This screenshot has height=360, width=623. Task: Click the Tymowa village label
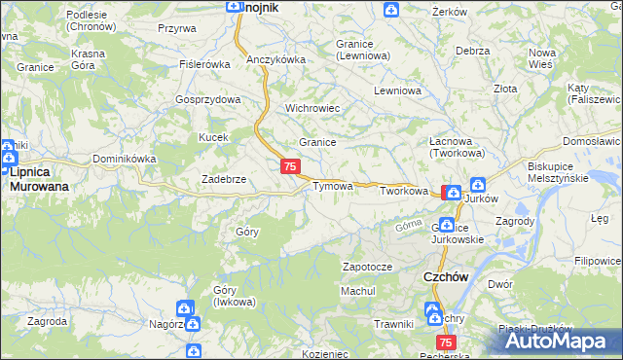(332, 186)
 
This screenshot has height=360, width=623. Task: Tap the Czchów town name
(447, 276)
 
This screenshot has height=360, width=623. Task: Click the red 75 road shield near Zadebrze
(289, 167)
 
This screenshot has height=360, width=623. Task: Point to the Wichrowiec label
(311, 108)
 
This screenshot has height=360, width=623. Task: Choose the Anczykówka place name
(275, 59)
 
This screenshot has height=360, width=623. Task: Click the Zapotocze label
(367, 267)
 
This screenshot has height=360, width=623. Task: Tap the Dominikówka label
(124, 159)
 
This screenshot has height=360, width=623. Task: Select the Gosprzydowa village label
(207, 100)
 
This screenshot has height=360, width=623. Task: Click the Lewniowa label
(395, 90)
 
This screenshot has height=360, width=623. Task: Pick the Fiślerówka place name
(203, 64)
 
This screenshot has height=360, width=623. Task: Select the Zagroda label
(48, 320)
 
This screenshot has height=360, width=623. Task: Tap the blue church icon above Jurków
(479, 184)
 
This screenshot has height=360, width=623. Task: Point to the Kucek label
(213, 137)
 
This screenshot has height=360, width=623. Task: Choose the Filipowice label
(598, 261)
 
